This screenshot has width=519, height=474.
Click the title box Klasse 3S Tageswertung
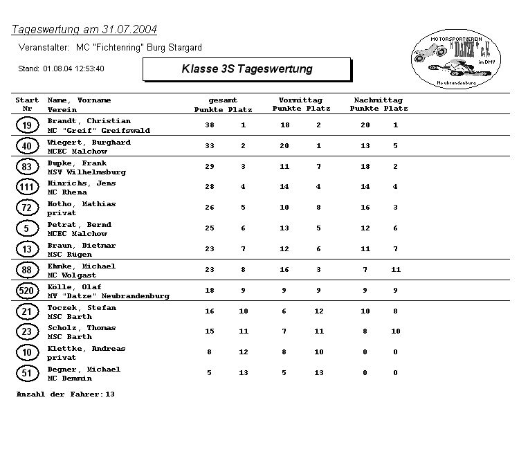click(246, 69)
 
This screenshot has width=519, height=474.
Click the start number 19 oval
click(26, 125)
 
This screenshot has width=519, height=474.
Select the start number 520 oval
click(26, 291)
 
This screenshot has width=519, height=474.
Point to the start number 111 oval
click(26, 187)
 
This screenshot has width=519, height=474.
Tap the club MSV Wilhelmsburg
click(86, 172)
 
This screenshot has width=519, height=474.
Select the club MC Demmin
click(69, 379)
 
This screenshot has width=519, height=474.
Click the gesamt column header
click(223, 100)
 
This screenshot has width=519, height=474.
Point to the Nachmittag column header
click(378, 100)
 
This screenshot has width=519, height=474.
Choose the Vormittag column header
click(300, 100)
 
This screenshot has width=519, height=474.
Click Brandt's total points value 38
click(210, 125)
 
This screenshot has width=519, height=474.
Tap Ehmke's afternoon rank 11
click(396, 270)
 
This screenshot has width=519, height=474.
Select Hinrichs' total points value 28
click(210, 187)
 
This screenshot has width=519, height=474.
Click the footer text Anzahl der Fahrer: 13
click(65, 394)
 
